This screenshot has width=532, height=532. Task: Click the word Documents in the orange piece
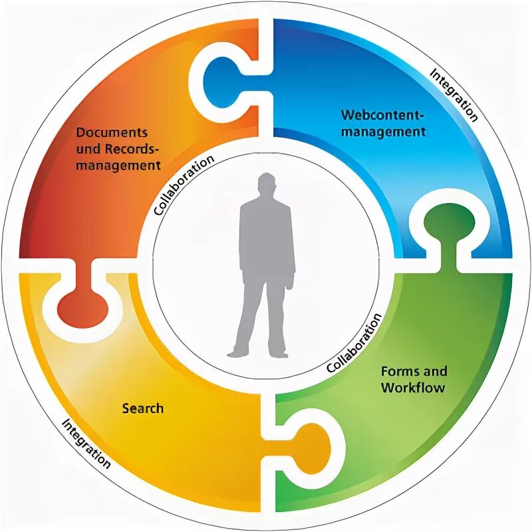pos(112,132)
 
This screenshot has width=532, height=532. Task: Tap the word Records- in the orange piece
pos(134,148)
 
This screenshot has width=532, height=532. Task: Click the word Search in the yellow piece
pos(142,408)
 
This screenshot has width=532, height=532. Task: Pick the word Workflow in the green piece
pos(412,387)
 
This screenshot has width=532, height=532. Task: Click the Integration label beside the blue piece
pos(454,94)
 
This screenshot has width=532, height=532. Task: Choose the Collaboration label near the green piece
pos(355,342)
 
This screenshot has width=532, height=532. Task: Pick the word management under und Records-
pos(128,164)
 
